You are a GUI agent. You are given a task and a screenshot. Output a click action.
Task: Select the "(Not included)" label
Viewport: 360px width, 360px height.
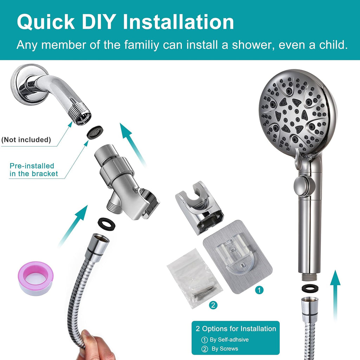[26, 140]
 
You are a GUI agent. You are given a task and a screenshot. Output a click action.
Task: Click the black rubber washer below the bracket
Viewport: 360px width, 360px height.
[104, 223]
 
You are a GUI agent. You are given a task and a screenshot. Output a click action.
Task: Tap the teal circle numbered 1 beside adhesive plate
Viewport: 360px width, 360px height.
[259, 290]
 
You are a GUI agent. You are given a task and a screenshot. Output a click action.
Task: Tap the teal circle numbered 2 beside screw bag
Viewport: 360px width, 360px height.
[213, 305]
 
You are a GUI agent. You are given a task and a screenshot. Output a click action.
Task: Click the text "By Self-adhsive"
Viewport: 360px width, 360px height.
[229, 340]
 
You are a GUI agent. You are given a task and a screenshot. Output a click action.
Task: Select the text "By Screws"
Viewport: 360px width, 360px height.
[224, 349]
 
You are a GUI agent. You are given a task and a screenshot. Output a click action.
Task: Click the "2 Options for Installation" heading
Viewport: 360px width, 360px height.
[236, 329]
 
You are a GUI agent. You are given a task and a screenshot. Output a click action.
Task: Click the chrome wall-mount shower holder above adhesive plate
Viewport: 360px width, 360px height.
[198, 207]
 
